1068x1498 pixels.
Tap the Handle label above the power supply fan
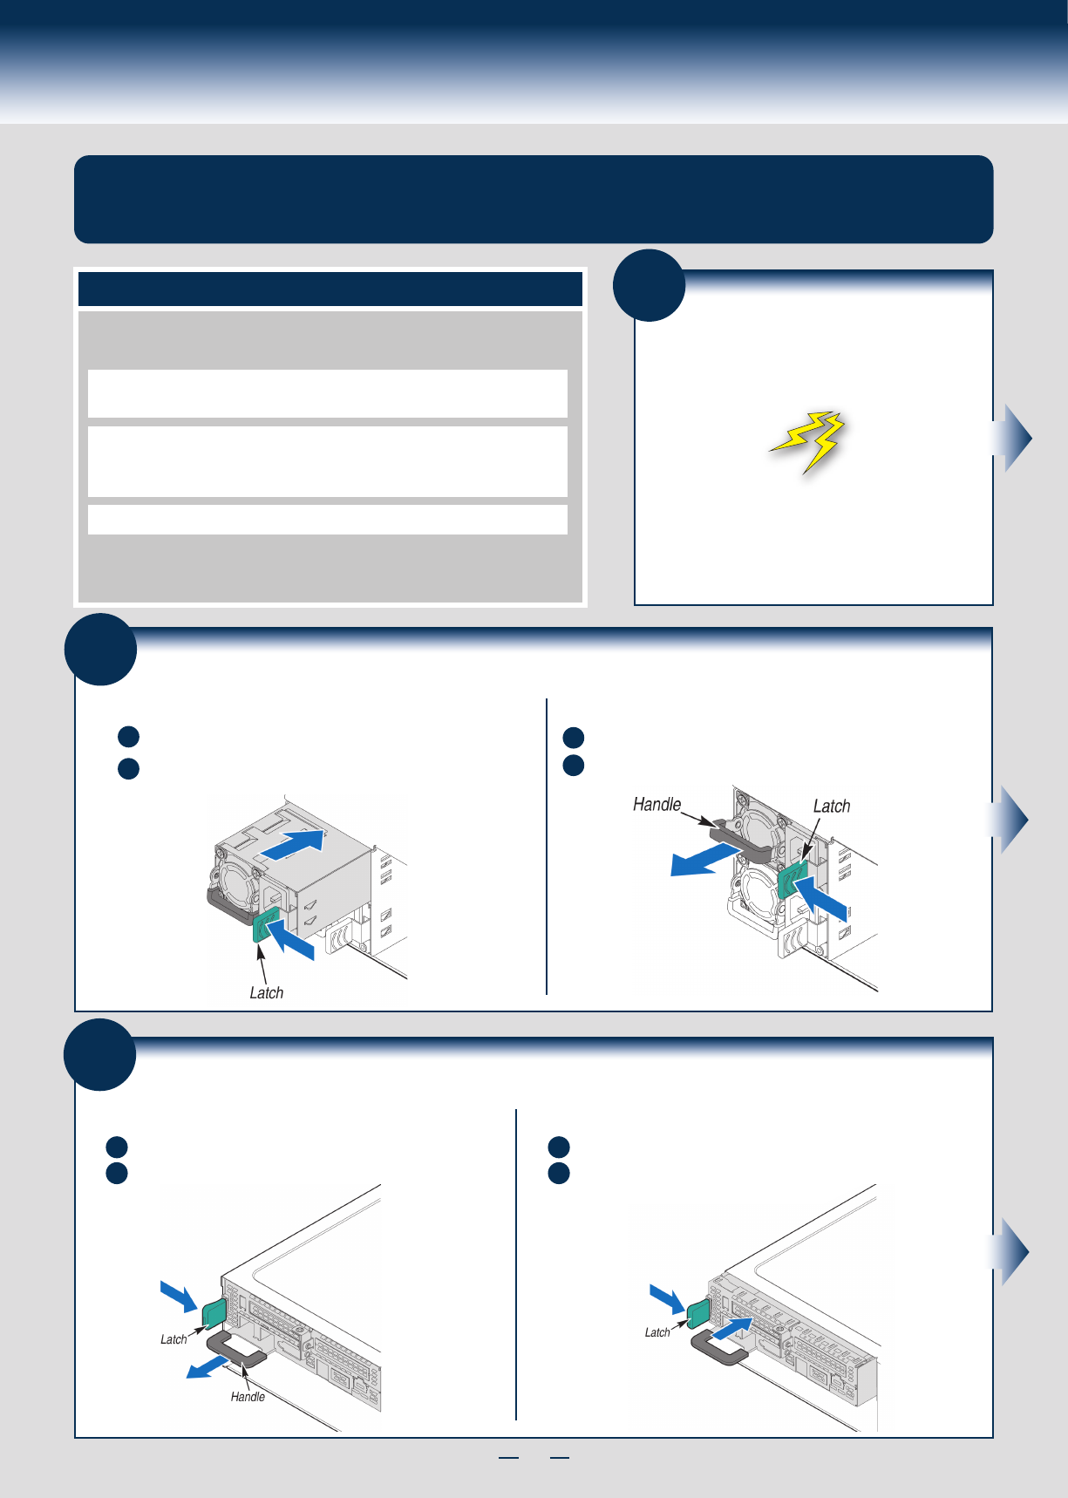[x=656, y=804]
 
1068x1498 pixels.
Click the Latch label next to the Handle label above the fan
[x=832, y=806]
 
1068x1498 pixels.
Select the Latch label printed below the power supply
[x=266, y=992]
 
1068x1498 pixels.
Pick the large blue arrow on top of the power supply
[x=292, y=844]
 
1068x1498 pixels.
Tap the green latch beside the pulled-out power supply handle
[x=794, y=882]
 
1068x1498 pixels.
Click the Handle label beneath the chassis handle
[x=248, y=1397]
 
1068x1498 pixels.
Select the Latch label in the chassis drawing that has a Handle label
[x=173, y=1339]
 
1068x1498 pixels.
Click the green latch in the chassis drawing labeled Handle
[x=214, y=1312]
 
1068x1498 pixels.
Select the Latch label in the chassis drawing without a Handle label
[x=657, y=1332]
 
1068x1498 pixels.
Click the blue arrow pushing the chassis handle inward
[x=731, y=1330]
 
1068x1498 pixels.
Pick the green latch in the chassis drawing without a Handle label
[x=697, y=1313]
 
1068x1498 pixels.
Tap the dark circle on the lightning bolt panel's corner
[x=649, y=286]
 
